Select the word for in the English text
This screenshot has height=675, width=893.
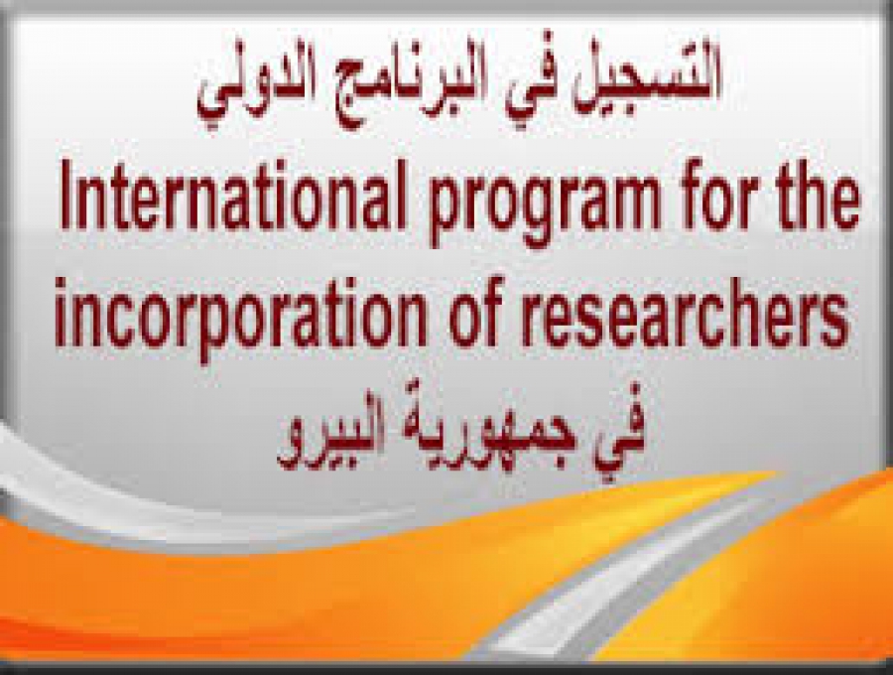point(719,196)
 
